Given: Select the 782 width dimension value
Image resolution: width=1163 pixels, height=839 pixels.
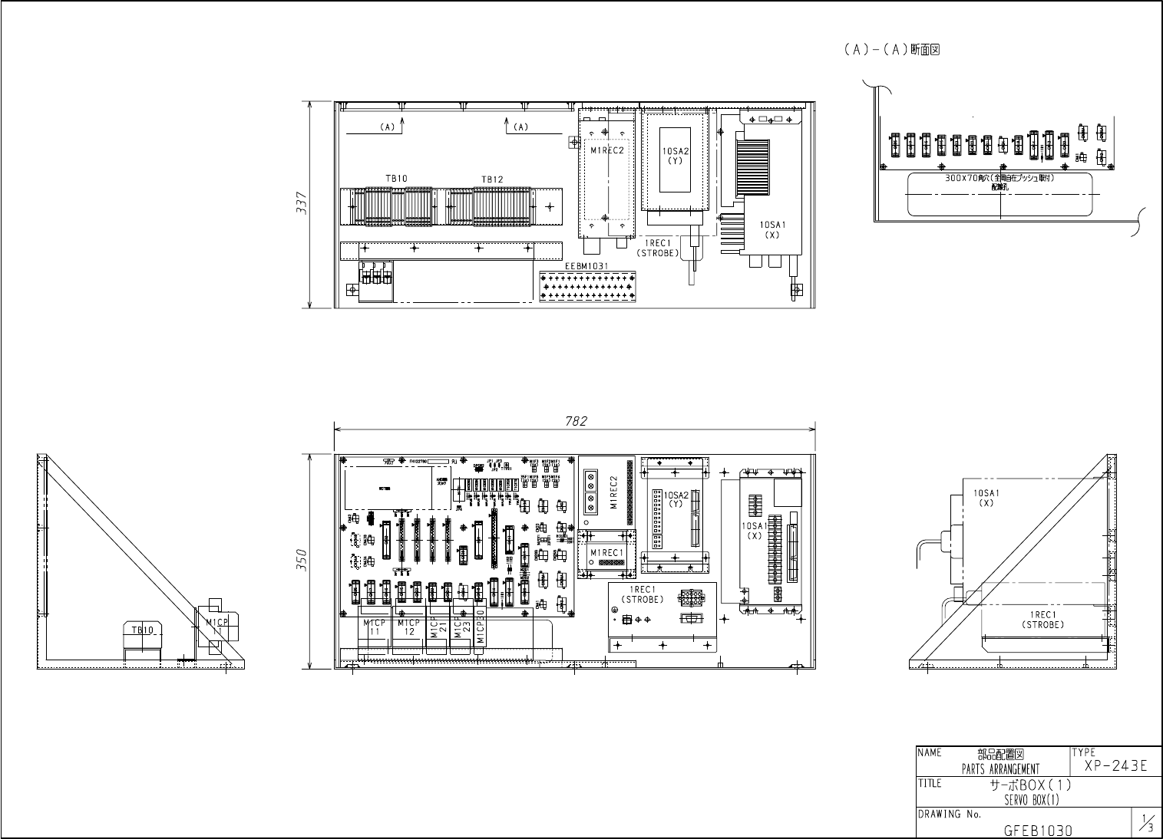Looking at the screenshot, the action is click(576, 421).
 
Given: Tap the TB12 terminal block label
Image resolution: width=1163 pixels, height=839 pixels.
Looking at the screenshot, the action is click(492, 179).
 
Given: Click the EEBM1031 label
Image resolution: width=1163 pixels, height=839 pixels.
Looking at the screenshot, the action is click(586, 266).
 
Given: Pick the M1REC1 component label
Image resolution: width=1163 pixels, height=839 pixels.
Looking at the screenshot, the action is click(605, 553).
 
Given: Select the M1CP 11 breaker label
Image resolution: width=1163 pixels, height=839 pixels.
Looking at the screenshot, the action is click(375, 627).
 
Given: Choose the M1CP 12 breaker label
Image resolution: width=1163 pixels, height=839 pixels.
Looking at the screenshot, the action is click(409, 627).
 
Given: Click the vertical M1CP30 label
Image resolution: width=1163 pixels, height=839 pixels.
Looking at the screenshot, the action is click(481, 627).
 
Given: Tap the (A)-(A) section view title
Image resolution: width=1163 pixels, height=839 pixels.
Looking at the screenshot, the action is click(892, 50).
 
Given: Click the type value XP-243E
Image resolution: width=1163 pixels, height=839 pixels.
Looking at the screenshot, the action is click(1116, 766).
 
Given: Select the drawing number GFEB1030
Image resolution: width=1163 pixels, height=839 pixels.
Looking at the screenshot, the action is click(1038, 830).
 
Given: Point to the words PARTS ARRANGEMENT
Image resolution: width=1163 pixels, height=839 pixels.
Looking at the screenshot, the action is click(1000, 768).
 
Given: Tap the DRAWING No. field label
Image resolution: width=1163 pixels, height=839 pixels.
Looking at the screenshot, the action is click(950, 814).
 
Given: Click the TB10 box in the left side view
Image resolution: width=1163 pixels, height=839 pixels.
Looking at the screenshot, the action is click(143, 630).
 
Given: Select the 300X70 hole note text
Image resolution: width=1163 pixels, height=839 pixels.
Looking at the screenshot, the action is click(999, 178).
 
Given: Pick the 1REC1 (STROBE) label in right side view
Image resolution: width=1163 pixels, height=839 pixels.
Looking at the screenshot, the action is click(1043, 620).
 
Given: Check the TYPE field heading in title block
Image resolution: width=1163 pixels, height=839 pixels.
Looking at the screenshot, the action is click(1085, 753).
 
